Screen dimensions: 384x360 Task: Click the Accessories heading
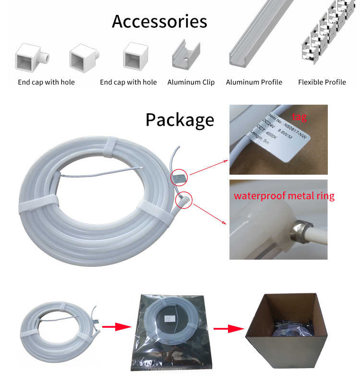click(159, 22)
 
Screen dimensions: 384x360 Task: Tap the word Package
click(180, 120)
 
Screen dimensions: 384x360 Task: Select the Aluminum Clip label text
click(191, 82)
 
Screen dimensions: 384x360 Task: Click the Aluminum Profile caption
click(254, 82)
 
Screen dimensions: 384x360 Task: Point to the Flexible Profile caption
click(322, 82)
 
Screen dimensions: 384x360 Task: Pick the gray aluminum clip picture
click(186, 55)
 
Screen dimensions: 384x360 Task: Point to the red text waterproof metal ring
click(284, 196)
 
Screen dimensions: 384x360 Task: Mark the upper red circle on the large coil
click(179, 177)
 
